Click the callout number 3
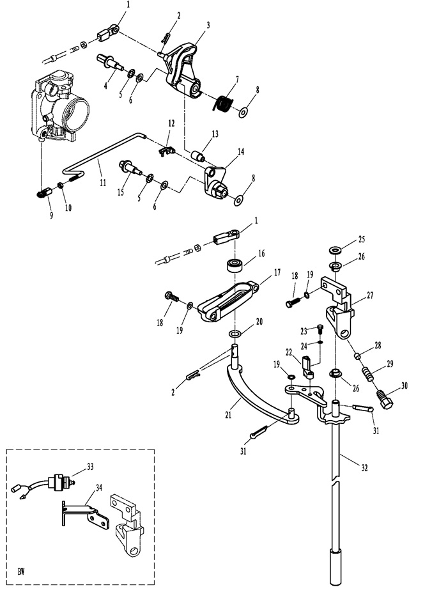208,26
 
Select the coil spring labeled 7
223,104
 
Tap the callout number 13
215,134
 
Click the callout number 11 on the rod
103,183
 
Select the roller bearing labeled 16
235,265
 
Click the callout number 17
277,272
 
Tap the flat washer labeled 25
335,250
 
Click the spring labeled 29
368,374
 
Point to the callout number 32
364,467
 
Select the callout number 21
228,414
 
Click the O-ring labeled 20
235,334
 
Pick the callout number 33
90,467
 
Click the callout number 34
99,488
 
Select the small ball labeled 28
357,356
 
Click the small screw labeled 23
320,329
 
